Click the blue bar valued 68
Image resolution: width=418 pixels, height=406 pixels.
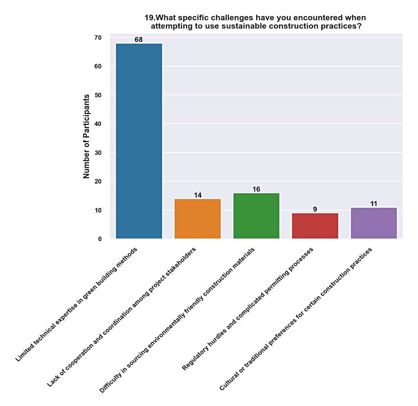coord(139,141)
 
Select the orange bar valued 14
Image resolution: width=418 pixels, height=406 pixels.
coord(198,218)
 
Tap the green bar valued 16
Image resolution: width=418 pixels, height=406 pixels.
coord(256,216)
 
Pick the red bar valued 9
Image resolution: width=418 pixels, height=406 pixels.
coord(315,226)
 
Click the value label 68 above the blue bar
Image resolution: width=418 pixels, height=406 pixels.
coord(139,40)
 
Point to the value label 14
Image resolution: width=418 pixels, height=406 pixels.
coord(198,195)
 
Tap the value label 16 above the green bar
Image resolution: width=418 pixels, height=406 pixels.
coord(256,189)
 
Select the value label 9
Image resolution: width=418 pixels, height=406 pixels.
coord(315,209)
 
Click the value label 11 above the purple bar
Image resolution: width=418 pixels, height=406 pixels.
coord(373,203)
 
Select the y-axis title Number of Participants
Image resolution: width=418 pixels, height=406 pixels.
coord(86,137)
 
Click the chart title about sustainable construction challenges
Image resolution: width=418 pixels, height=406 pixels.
coord(255,22)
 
